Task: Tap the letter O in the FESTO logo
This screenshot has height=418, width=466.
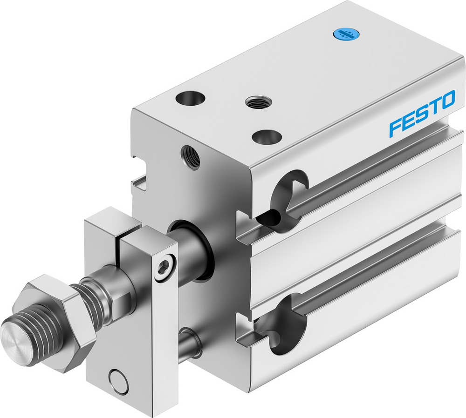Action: tap(448, 101)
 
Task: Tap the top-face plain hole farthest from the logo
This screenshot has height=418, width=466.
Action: tap(190, 99)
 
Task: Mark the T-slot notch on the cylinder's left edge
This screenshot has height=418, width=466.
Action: tap(139, 175)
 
